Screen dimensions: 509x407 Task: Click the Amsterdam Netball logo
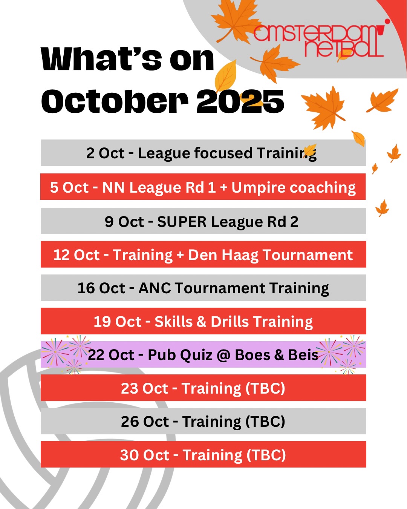[318, 41]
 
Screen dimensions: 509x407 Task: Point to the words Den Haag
[222, 255]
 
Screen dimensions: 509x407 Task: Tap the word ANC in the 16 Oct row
[155, 288]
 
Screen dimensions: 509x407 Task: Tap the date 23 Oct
[144, 388]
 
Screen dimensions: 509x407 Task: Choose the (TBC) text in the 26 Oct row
[265, 422]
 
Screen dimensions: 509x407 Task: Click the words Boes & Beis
[277, 355]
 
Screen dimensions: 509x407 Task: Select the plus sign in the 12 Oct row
[180, 255]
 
